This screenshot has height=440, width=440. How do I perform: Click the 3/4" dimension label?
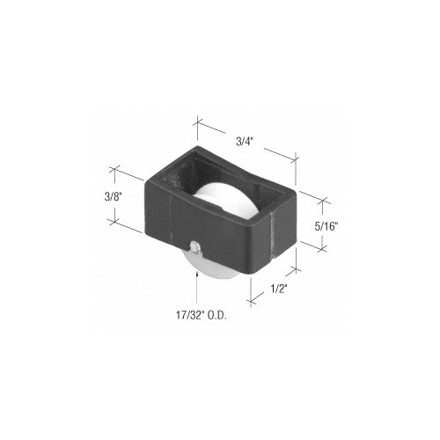(x=245, y=142)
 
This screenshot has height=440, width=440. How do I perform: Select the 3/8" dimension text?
(x=113, y=197)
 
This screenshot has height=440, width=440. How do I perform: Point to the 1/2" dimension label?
(x=278, y=290)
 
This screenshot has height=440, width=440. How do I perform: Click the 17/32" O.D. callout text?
(x=201, y=315)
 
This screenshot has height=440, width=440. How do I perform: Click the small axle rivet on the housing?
(x=194, y=246)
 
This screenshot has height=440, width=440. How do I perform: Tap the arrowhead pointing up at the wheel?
(x=197, y=275)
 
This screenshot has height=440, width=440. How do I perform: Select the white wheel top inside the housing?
(x=224, y=200)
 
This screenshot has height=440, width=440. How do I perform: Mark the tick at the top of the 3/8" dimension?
(x=114, y=169)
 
